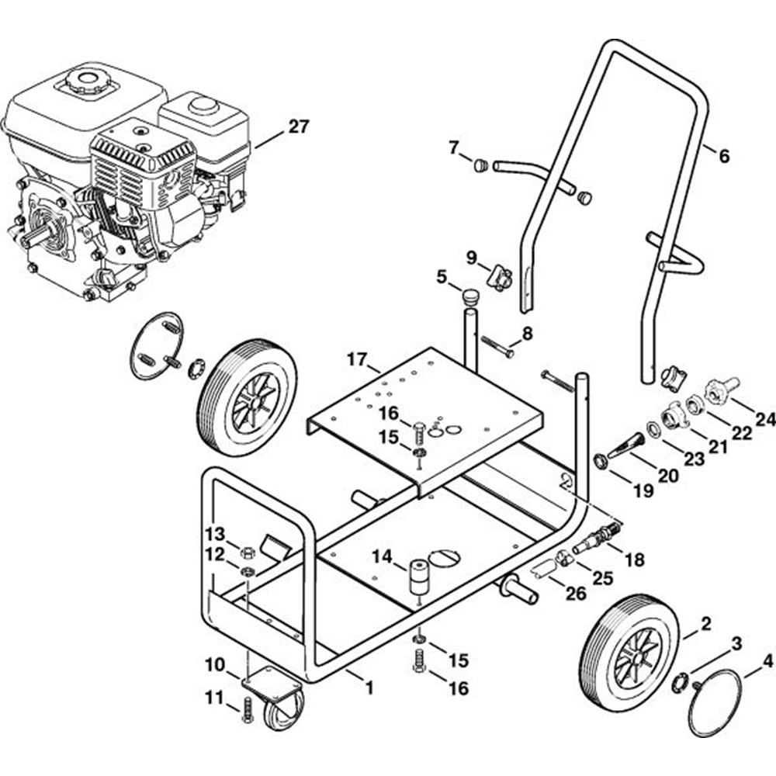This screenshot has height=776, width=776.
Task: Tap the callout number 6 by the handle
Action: [724, 156]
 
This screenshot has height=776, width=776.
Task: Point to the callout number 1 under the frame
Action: [369, 687]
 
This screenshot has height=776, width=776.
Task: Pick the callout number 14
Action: [382, 556]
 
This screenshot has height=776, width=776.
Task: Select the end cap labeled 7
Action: [481, 165]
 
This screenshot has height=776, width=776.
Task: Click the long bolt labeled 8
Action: [497, 346]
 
